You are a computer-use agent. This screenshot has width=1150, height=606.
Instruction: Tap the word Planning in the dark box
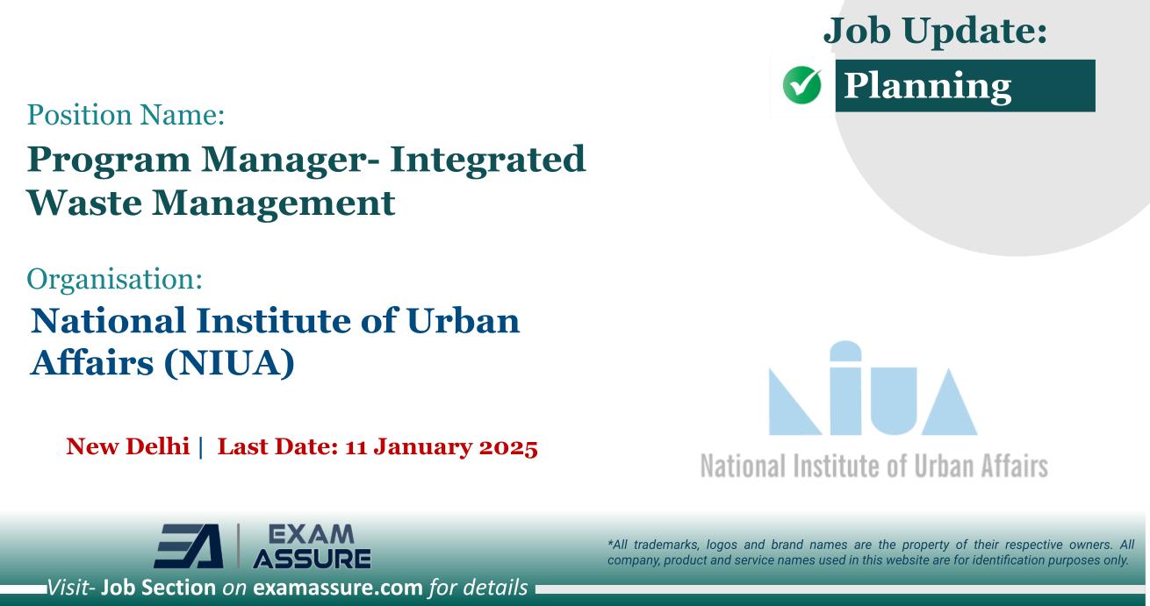coord(927,86)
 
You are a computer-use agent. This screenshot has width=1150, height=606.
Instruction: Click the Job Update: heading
coord(936,32)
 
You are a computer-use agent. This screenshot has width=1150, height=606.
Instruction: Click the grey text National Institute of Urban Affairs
coord(874,464)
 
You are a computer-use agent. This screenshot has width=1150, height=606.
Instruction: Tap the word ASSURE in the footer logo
coord(311,559)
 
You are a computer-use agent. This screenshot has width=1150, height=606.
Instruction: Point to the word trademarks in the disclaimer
coord(665,545)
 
